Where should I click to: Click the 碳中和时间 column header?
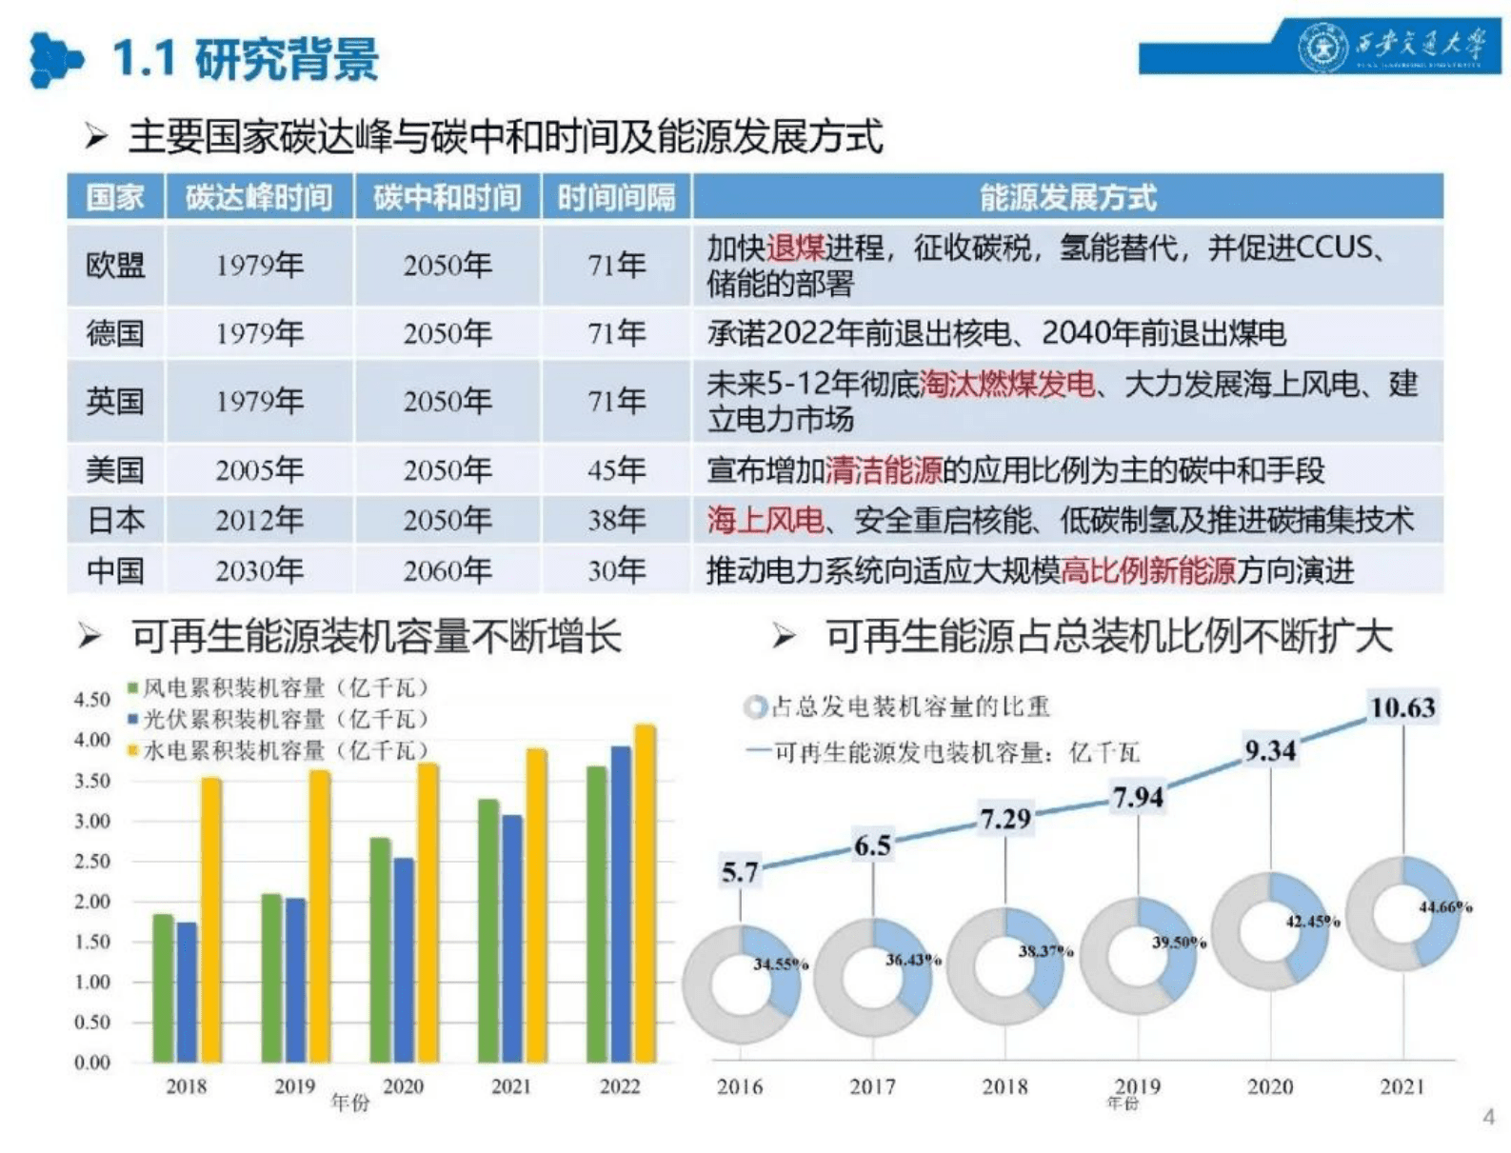click(447, 197)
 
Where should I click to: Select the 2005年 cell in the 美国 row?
click(259, 469)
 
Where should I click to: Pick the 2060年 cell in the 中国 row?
click(447, 570)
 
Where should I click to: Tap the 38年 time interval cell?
click(616, 520)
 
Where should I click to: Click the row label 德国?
click(115, 333)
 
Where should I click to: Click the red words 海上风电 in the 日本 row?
click(765, 520)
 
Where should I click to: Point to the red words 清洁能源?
click(884, 469)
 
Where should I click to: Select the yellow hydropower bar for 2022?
click(645, 895)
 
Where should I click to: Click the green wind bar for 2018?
click(163, 988)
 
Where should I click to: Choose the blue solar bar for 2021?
click(512, 939)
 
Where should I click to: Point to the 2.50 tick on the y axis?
click(92, 862)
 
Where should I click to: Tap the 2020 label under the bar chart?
click(403, 1086)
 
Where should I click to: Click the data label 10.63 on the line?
click(1402, 707)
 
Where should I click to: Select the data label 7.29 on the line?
click(1005, 818)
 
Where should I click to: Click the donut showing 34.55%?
click(742, 983)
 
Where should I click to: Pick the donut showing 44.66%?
click(1403, 911)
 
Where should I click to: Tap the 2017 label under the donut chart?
click(872, 1086)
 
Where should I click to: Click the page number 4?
click(1488, 1117)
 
